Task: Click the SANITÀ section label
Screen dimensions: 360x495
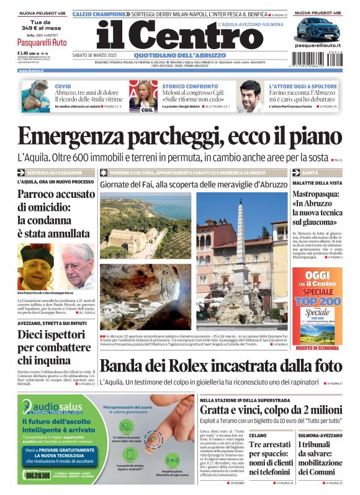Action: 310,172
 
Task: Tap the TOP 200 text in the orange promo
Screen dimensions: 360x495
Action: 317,300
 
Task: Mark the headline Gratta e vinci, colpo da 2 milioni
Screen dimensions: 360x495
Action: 270,410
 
